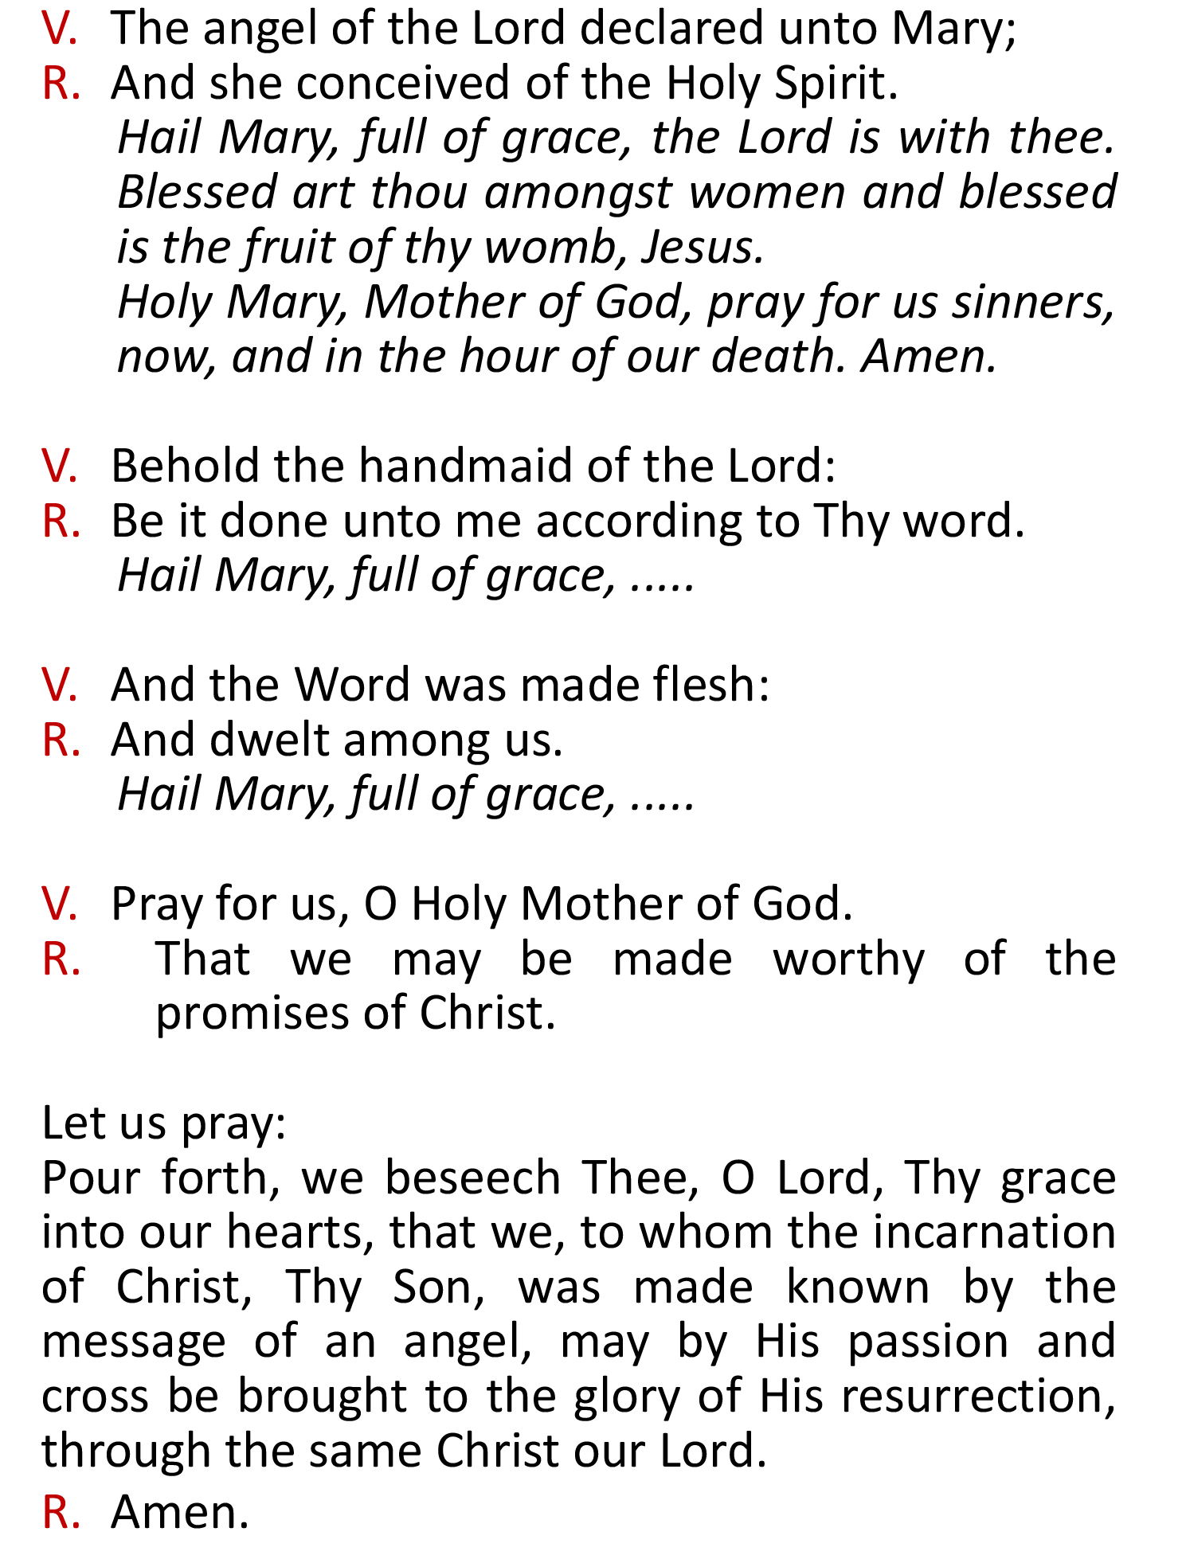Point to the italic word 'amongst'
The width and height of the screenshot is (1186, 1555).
(x=577, y=193)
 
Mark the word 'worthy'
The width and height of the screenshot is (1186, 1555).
(x=849, y=959)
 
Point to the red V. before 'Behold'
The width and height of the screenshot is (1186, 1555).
(x=60, y=466)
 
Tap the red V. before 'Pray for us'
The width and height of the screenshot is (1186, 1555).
(x=60, y=904)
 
